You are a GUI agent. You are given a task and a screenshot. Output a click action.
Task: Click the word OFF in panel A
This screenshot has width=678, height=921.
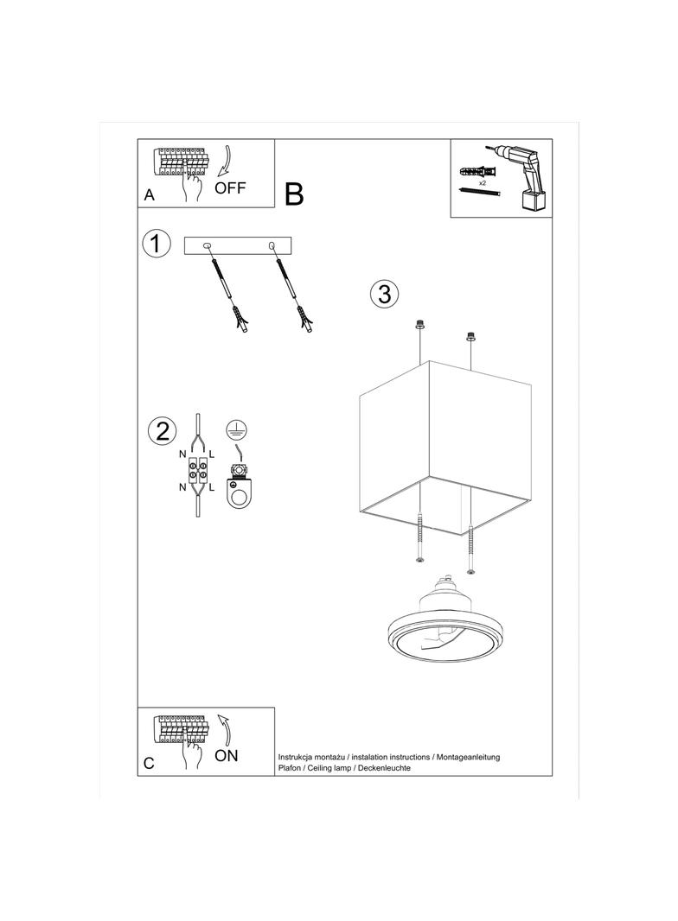[230, 188]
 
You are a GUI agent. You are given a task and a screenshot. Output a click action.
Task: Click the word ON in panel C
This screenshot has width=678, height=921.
[227, 755]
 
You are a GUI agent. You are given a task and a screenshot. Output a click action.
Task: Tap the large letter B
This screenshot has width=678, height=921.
[294, 194]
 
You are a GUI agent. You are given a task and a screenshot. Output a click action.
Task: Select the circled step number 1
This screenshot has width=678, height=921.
[156, 243]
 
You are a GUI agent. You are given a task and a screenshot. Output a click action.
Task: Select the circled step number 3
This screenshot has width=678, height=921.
[384, 294]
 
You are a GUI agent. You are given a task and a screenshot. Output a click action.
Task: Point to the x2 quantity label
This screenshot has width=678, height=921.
[483, 183]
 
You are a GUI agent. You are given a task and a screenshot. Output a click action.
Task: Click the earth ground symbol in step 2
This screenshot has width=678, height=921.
[236, 429]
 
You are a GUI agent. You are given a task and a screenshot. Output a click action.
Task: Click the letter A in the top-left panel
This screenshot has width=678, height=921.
[150, 195]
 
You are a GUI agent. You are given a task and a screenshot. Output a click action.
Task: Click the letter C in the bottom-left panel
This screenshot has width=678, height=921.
[149, 763]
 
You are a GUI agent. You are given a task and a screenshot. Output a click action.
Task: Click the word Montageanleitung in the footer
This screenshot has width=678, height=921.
[469, 757]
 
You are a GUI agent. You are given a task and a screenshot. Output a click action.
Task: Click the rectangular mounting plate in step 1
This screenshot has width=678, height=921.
[238, 246]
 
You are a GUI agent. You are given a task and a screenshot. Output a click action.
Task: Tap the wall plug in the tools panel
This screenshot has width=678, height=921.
[478, 173]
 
